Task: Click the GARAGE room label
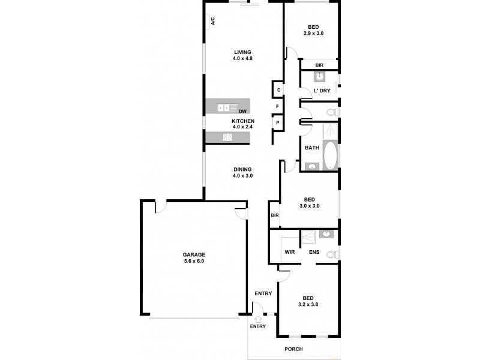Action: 194,257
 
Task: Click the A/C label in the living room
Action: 212,22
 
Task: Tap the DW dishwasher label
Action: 243,112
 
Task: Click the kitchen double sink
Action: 224,108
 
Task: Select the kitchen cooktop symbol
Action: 228,137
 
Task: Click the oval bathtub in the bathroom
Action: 331,155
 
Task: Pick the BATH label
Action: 311,148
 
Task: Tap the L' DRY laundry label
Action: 322,91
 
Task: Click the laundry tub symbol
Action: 320,77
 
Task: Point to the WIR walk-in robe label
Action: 289,252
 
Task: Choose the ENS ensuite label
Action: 314,252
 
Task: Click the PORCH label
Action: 294,349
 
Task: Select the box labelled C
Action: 278,90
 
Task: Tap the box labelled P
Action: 278,122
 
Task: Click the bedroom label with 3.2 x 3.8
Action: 308,301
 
